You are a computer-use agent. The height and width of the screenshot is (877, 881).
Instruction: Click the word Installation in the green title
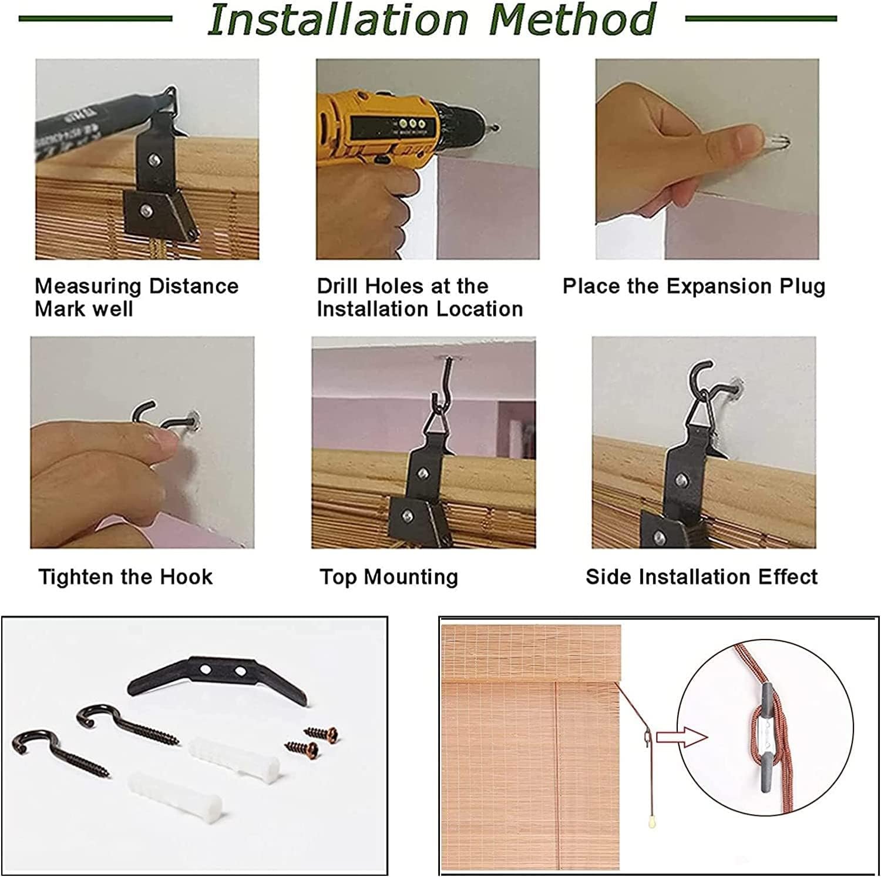tap(337, 19)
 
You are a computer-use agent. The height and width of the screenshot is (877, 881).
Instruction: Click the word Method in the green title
tap(572, 19)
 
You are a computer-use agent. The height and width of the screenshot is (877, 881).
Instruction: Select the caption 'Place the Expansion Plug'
tap(694, 286)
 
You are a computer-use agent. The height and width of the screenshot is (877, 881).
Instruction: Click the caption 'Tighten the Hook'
tap(125, 577)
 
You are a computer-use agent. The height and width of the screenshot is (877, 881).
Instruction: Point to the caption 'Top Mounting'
tap(389, 577)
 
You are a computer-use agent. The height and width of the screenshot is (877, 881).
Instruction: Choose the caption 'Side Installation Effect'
tap(701, 577)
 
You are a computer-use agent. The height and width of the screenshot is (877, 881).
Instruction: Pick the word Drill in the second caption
tap(338, 286)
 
